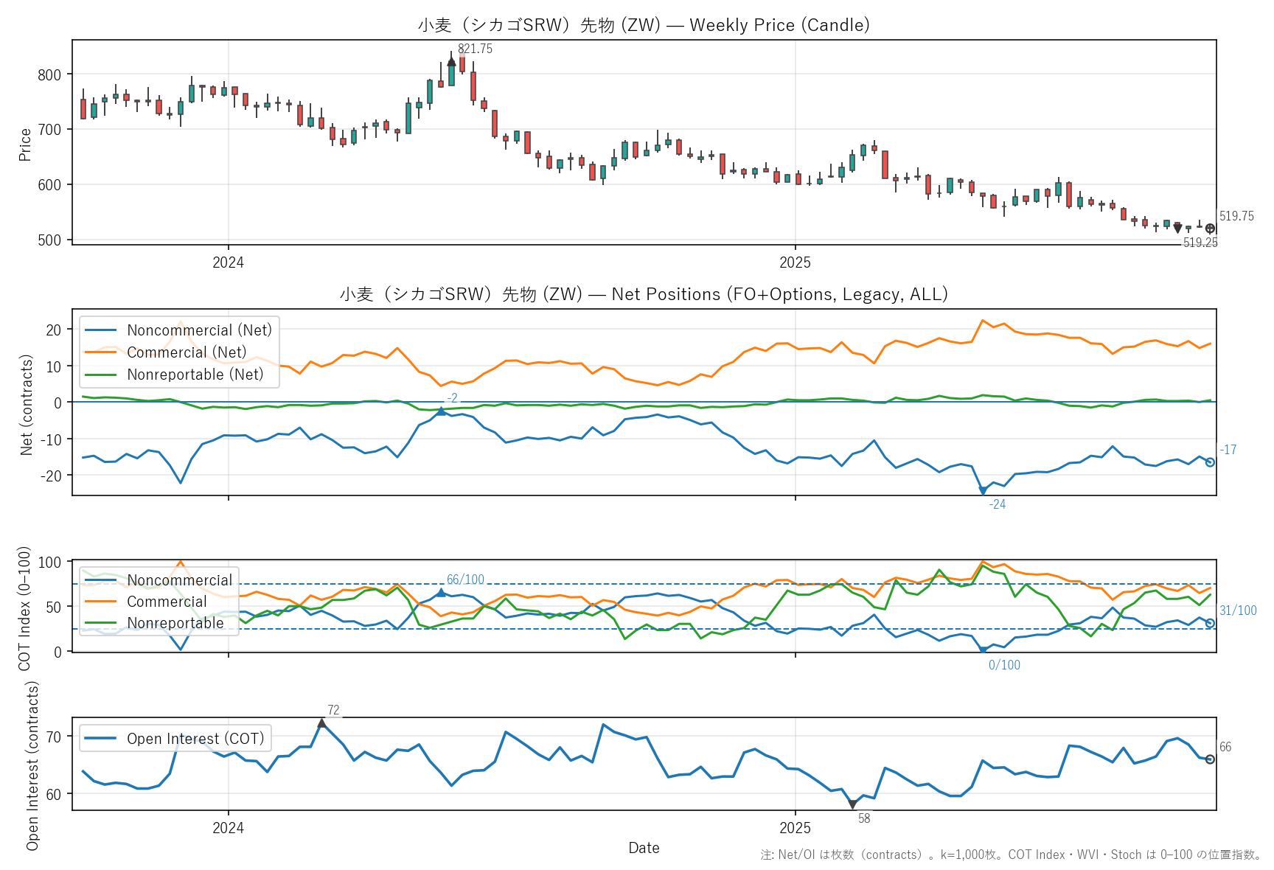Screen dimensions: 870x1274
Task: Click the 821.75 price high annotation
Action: (x=475, y=49)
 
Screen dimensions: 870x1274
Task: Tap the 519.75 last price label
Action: (x=1236, y=217)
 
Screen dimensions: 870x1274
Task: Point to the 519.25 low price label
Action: (x=1200, y=243)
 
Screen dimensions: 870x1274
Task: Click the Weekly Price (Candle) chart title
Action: (x=644, y=25)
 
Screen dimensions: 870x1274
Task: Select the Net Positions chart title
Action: (x=644, y=295)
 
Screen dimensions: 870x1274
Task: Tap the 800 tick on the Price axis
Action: (x=49, y=74)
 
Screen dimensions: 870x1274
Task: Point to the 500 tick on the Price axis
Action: (x=49, y=240)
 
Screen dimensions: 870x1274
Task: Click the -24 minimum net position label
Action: (x=997, y=505)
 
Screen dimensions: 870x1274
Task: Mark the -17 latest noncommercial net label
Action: (x=1228, y=450)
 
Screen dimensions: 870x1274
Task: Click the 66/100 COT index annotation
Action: (x=465, y=580)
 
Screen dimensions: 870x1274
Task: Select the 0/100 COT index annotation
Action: (x=1004, y=666)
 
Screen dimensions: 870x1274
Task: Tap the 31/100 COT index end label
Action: (x=1238, y=611)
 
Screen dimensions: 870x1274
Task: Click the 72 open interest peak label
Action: (x=333, y=711)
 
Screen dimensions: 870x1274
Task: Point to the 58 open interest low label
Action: (x=864, y=819)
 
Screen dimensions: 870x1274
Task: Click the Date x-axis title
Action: (x=644, y=849)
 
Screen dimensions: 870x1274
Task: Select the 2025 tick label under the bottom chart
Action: (x=795, y=829)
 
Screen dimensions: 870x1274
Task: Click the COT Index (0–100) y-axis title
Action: (x=24, y=609)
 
